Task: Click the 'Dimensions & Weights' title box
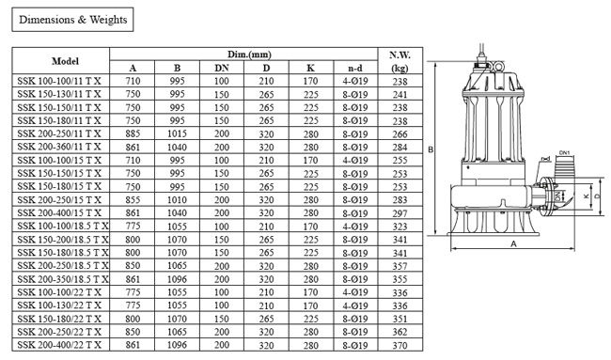click(x=72, y=19)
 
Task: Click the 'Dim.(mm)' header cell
click(x=243, y=55)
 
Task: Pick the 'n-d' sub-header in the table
click(x=354, y=68)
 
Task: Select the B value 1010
click(x=177, y=200)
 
